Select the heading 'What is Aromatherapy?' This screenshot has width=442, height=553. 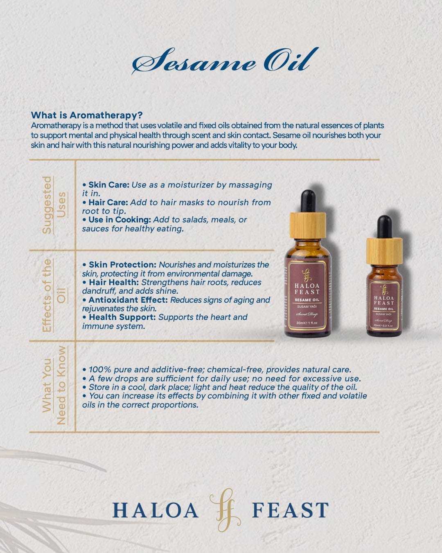click(x=87, y=115)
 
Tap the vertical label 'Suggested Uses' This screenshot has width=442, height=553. click(x=54, y=205)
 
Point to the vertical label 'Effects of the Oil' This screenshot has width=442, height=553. click(x=54, y=296)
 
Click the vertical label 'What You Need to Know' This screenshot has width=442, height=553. click(x=54, y=385)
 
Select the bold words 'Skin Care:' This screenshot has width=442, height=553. click(x=109, y=185)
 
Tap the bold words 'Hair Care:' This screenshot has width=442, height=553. click(x=108, y=202)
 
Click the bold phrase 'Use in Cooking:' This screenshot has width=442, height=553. click(x=120, y=220)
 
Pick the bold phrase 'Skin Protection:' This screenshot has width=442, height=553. click(x=122, y=265)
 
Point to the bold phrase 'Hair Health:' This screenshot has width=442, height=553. click(x=114, y=282)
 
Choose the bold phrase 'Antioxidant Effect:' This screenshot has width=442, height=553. click(x=128, y=300)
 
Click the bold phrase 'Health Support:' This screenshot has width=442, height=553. click(x=122, y=317)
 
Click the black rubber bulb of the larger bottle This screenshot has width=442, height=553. click(x=308, y=201)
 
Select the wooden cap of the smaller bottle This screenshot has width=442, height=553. click(x=384, y=252)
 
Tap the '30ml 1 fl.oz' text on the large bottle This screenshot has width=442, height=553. click(x=307, y=322)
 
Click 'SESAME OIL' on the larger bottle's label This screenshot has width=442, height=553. click(x=307, y=300)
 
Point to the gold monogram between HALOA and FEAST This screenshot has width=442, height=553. click(x=225, y=510)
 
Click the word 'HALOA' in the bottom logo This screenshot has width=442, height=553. click(x=155, y=510)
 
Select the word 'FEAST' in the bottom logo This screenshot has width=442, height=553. click(x=291, y=510)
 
